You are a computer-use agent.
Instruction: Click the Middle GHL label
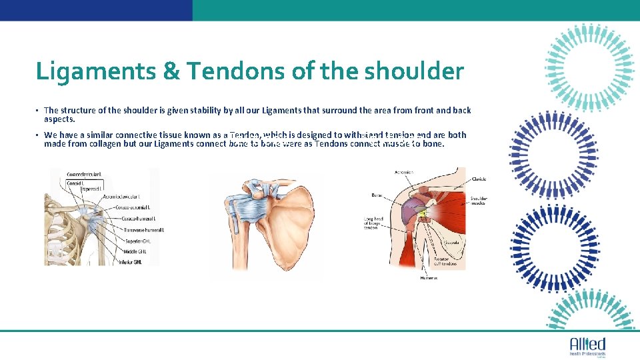131,251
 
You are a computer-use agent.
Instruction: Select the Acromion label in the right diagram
404,173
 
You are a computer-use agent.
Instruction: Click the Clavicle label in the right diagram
479,179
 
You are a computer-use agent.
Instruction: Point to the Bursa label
377,195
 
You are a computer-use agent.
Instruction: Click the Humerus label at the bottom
429,277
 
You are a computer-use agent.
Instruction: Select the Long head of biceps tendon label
371,223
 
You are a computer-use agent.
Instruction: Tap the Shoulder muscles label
479,201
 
